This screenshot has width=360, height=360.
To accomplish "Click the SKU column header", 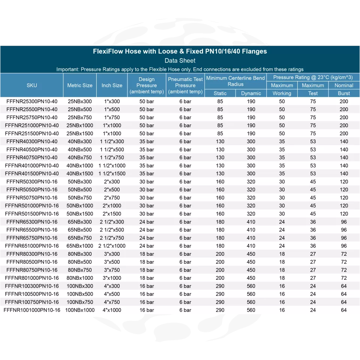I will coord(32,85).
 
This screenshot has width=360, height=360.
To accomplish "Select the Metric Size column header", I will coord(80,85).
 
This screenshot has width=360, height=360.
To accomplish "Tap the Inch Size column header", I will coord(112,85).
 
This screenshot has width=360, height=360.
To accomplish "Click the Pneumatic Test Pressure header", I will coord(185,85).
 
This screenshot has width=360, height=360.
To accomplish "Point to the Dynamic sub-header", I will coord(251,93).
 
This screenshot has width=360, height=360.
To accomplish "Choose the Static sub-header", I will coord(220,93).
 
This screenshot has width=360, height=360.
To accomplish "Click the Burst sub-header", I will coord(344,93).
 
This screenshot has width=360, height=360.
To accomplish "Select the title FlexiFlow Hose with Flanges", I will coord(180,51).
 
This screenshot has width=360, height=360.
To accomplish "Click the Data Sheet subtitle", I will coord(180,60).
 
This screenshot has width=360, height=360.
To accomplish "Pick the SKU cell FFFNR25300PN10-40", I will coord(32,101).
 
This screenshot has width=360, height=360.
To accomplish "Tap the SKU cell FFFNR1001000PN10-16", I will coord(32,310).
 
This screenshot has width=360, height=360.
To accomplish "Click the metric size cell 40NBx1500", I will coord(80,174).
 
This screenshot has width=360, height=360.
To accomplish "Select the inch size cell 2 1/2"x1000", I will coord(112,246).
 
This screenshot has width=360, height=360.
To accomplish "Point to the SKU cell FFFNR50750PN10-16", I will coord(32,198).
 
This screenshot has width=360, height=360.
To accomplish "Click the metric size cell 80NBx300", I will coord(80,254).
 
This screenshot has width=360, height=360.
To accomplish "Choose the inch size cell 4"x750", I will coord(112,302).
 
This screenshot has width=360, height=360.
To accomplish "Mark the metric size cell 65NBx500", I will coord(80,230).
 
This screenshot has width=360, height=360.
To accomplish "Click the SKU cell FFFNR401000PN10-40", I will coord(32,165).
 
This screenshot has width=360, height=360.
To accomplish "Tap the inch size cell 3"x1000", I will coord(112,278).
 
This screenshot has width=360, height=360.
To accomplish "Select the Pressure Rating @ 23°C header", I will coord(313,77).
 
